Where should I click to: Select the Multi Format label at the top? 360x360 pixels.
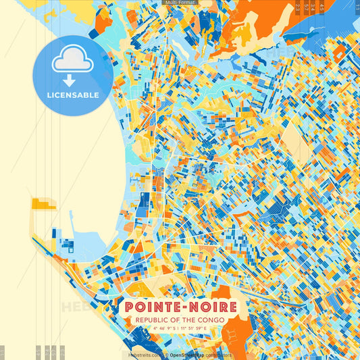180,3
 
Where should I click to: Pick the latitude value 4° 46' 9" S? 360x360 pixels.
161,330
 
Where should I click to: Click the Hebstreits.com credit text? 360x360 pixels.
145,355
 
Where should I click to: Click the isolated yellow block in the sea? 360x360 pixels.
43,203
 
